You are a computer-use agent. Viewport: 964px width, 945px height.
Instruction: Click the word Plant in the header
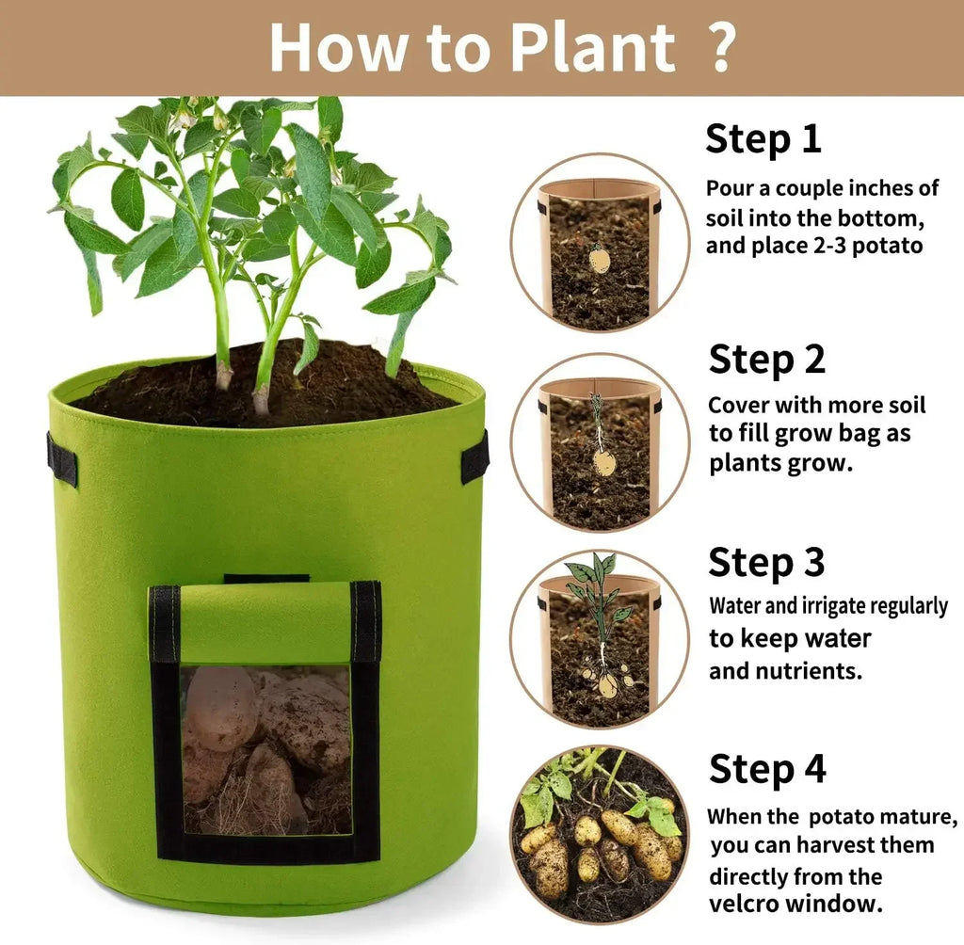tap(593, 47)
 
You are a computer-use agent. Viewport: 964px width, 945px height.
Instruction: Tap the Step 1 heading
tap(763, 138)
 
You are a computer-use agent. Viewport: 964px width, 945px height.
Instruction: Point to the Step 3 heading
tap(766, 562)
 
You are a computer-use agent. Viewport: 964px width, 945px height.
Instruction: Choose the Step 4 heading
tap(766, 769)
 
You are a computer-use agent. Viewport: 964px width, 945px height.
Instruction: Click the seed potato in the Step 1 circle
tap(600, 259)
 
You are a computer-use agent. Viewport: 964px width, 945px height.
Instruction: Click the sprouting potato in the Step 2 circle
tap(604, 462)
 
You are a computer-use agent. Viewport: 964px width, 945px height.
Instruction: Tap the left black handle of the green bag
tap(62, 458)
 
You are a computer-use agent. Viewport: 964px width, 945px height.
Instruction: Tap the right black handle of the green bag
tap(474, 456)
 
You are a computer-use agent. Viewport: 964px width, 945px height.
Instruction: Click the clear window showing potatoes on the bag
tap(266, 750)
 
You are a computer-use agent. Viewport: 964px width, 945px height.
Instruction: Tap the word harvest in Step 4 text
tap(843, 845)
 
